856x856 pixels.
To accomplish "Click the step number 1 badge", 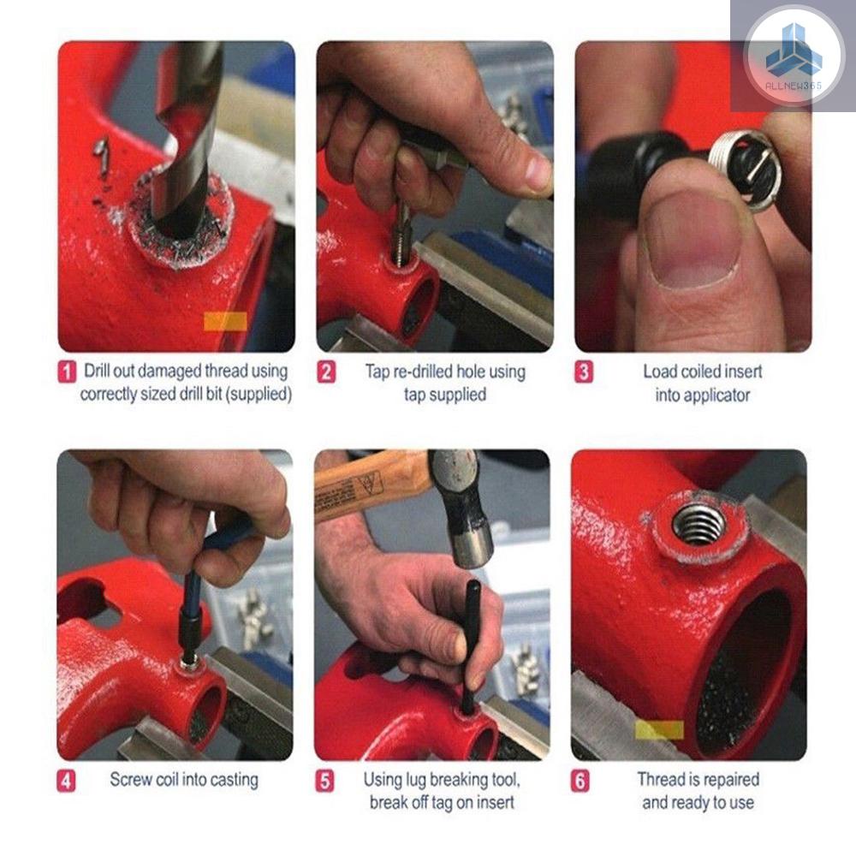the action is (x=67, y=372).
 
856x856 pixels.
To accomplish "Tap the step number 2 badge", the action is (x=326, y=372).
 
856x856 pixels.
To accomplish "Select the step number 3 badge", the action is (x=584, y=372).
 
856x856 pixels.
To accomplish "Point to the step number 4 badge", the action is (x=66, y=782).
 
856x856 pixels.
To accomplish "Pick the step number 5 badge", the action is (x=324, y=782).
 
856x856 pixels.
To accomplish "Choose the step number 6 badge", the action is (x=580, y=782).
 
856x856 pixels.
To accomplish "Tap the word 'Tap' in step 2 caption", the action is (x=377, y=372).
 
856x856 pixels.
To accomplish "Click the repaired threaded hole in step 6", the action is (x=699, y=526).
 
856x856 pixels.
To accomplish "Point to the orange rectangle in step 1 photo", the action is (x=225, y=322).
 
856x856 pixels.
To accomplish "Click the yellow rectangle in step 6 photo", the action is (x=659, y=730).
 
